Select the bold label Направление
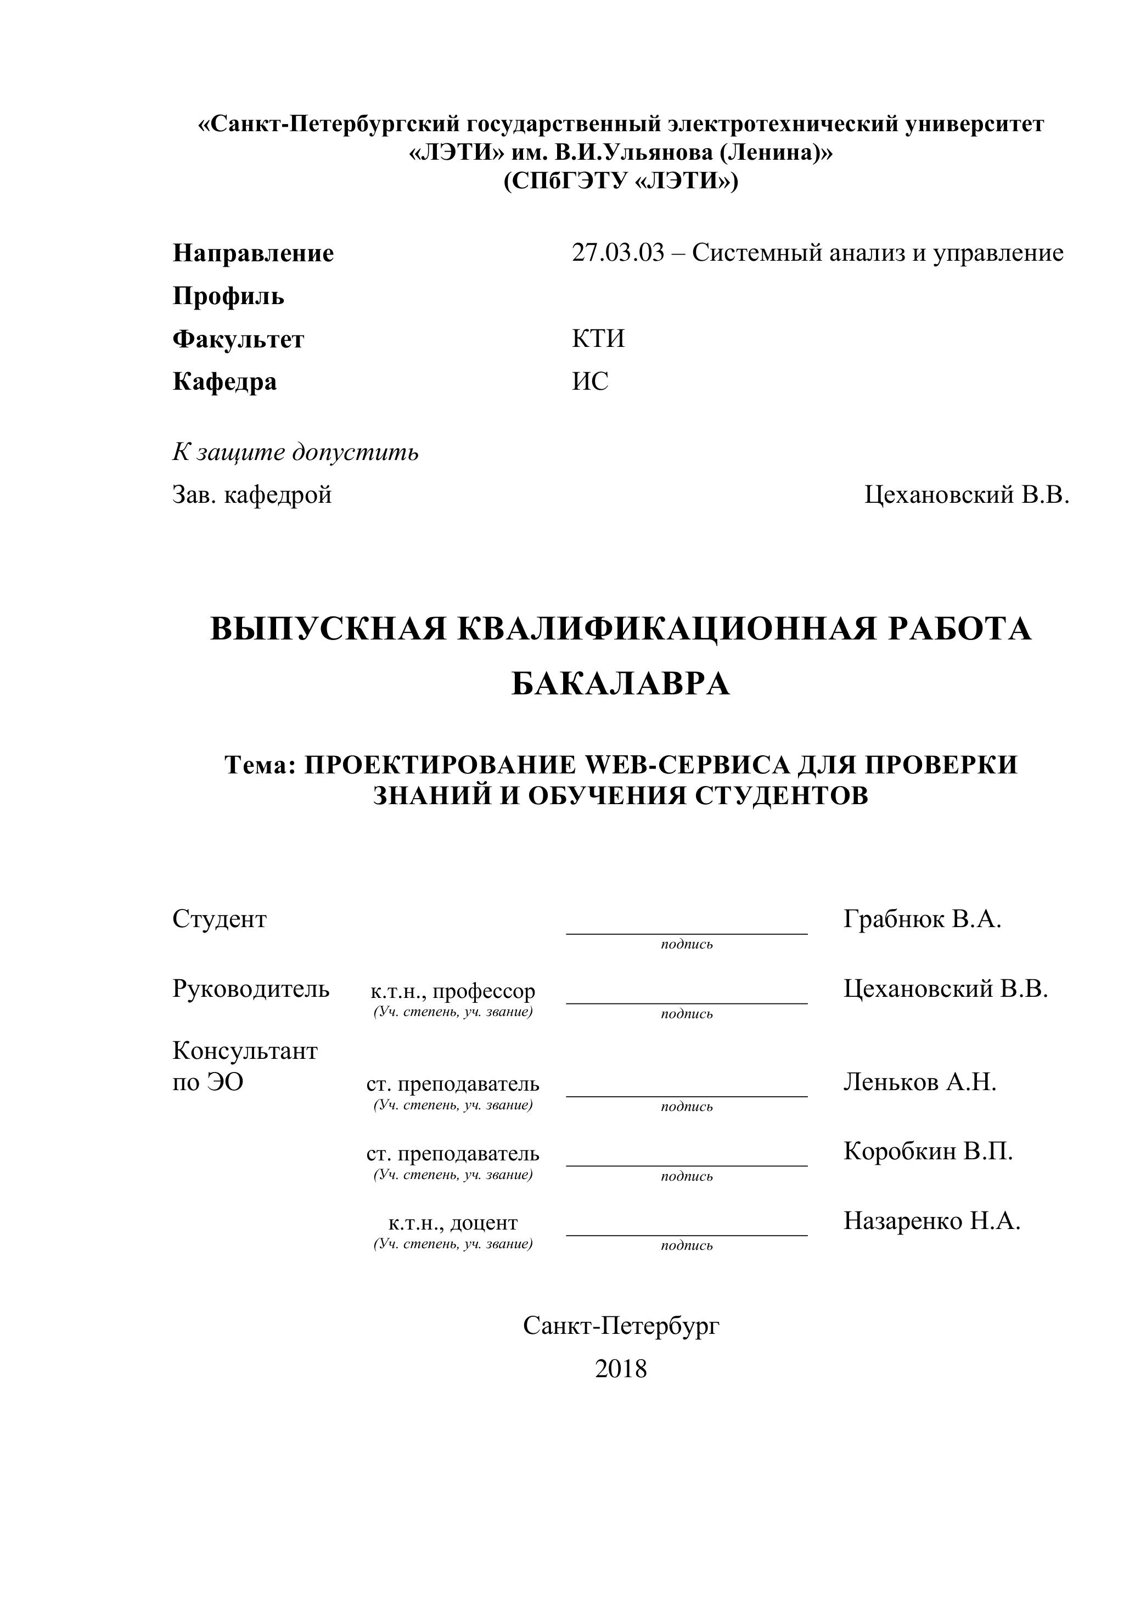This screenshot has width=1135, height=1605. [253, 253]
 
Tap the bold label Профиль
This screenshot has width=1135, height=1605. [228, 296]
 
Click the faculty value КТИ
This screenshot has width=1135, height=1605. [598, 339]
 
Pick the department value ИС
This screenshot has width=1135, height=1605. [590, 381]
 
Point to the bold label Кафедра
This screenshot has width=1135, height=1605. [224, 381]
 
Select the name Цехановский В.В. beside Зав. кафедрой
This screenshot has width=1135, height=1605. [967, 495]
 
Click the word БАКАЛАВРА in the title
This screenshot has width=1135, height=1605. [621, 684]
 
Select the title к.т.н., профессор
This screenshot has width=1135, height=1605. [453, 991]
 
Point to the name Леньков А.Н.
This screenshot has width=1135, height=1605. [919, 1081]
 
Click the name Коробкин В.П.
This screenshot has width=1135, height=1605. [928, 1151]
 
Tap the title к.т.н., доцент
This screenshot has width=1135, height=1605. [453, 1222]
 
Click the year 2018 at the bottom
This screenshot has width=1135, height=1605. [621, 1369]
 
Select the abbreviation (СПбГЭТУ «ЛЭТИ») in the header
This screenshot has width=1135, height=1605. [621, 181]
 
